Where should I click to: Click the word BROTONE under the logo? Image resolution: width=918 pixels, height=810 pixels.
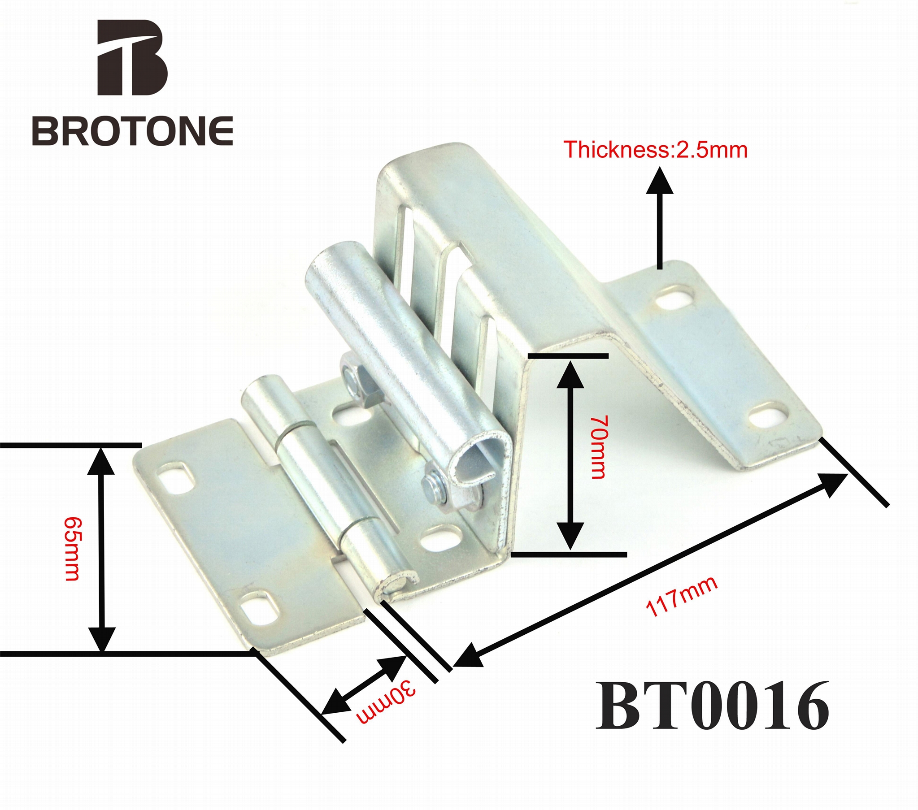pos(132,130)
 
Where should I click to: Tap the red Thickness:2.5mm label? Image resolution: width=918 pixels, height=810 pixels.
pos(656,150)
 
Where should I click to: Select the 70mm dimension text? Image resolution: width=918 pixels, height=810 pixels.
pos(598,447)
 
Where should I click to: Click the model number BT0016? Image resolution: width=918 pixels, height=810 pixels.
pos(712,712)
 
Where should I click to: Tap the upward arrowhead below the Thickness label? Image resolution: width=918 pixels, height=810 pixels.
pos(660,180)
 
